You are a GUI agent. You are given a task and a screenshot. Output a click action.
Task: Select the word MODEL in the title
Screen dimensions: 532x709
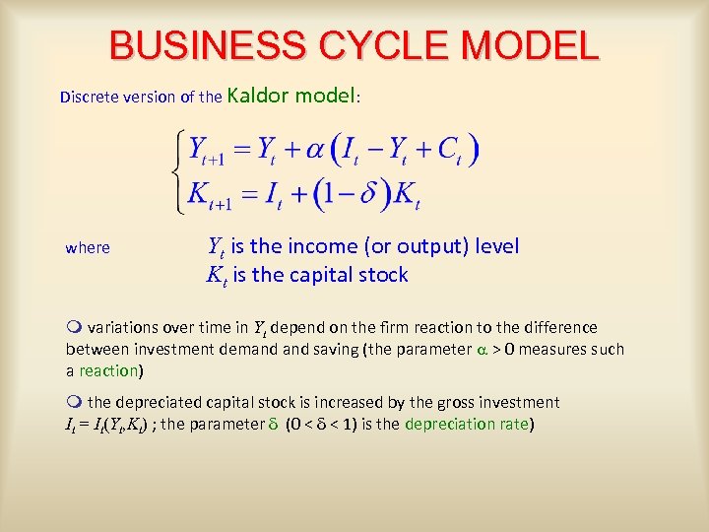(531, 46)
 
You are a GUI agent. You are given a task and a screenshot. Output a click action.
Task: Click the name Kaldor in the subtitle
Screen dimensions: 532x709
(259, 97)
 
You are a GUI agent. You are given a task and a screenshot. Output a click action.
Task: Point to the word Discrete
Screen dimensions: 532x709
(92, 98)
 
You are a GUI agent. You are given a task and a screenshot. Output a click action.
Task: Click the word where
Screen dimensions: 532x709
(88, 247)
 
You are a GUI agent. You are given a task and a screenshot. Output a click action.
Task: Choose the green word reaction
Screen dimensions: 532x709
(108, 371)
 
